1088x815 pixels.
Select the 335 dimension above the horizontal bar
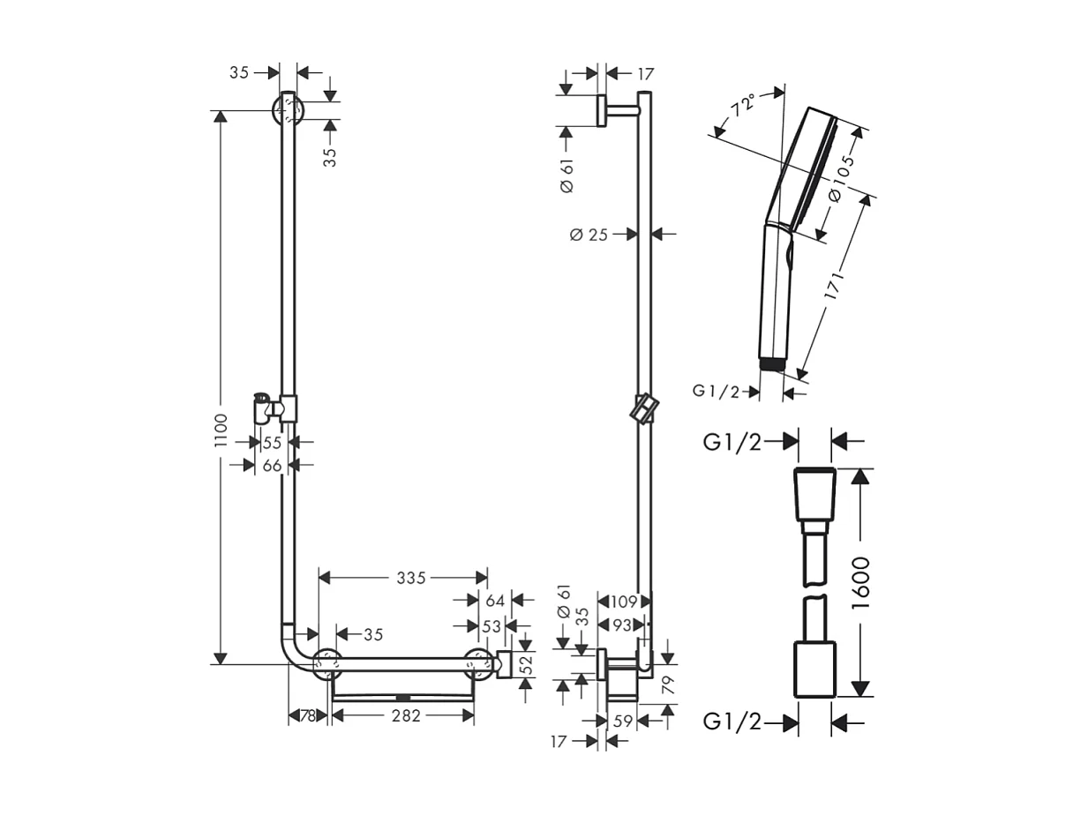point(411,578)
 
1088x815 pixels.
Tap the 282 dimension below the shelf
point(405,716)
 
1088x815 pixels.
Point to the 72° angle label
point(743,106)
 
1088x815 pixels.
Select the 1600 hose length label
point(860,581)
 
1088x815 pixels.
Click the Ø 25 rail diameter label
point(589,235)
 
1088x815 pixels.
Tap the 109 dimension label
point(624,602)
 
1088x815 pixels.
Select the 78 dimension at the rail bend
point(307,716)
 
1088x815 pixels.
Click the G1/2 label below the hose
point(732,722)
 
